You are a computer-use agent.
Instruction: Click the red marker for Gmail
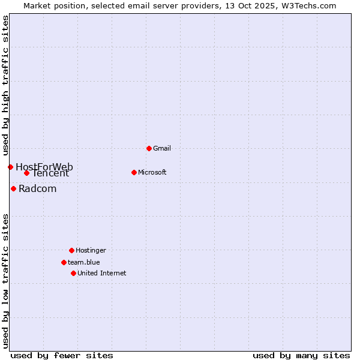pos(149,148)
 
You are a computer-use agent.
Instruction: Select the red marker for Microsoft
pos(134,172)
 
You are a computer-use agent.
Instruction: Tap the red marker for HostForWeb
pos(10,167)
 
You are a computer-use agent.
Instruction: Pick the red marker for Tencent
pos(26,173)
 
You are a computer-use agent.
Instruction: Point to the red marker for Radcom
pos(13,188)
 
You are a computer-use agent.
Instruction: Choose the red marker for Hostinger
pos(71,250)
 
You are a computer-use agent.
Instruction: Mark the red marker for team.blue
pos(64,262)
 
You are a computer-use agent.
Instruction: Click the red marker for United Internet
pos(73,273)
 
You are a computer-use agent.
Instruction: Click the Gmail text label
pos(162,148)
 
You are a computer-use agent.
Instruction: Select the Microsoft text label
pos(152,172)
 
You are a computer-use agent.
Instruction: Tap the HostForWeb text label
pos(44,167)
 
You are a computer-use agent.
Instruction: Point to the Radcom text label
pos(38,188)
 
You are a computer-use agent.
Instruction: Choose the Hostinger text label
pos(91,250)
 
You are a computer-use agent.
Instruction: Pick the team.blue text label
pos(84,262)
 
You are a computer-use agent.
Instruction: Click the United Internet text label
pos(102,273)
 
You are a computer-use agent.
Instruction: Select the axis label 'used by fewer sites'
pos(62,355)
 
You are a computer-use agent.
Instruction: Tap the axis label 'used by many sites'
pos(301,355)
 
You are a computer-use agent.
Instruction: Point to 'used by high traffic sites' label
pos(5,85)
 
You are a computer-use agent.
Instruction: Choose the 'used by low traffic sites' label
pos(5,281)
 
